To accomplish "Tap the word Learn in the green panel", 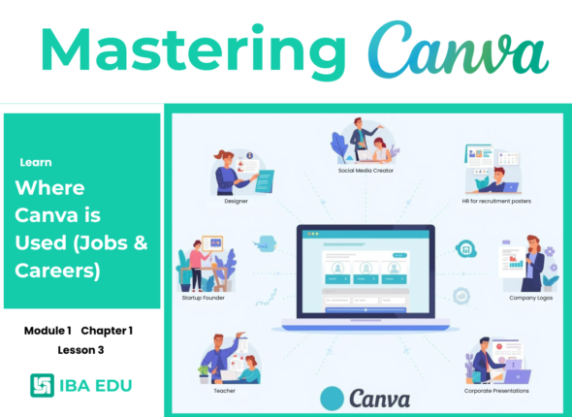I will [36, 162].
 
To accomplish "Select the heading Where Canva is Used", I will [82, 229].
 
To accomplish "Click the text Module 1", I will [48, 331].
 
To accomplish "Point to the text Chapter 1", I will [107, 331].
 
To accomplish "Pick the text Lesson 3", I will [79, 349].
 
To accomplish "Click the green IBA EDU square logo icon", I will [43, 385].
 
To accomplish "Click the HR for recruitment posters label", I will [497, 201].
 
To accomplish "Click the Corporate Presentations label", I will [498, 391].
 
